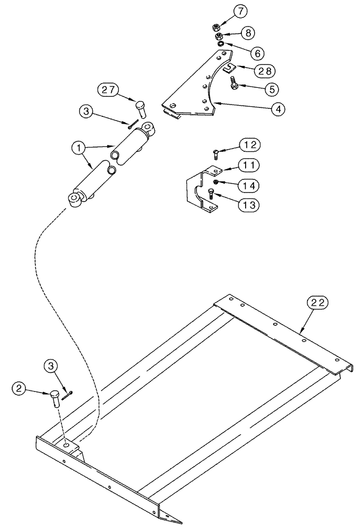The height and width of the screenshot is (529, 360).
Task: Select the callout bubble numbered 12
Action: tap(250, 144)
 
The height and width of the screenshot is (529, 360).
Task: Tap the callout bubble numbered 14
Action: tap(248, 185)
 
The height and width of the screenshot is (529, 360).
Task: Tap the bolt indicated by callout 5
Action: tap(233, 83)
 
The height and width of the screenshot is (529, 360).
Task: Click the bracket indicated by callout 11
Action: tap(196, 190)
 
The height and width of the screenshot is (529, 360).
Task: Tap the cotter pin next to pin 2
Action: tap(66, 395)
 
